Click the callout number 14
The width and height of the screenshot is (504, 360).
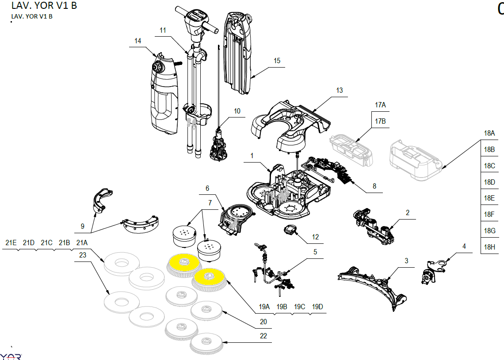138,41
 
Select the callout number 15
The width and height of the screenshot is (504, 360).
277,61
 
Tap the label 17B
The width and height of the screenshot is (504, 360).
380,121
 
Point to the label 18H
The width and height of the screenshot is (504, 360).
489,247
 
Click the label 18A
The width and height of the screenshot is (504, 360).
489,133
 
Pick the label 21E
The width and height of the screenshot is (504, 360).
11,243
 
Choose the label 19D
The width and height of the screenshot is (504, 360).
317,307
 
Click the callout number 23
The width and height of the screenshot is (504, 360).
82,255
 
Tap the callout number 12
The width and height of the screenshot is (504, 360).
315,237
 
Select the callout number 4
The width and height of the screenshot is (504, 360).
464,246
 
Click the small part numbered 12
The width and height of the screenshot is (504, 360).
290,230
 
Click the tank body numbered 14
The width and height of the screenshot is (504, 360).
164,97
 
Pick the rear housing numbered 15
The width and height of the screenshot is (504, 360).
239,53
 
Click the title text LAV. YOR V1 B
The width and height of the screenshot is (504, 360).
44,6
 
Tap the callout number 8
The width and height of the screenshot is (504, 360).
374,186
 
